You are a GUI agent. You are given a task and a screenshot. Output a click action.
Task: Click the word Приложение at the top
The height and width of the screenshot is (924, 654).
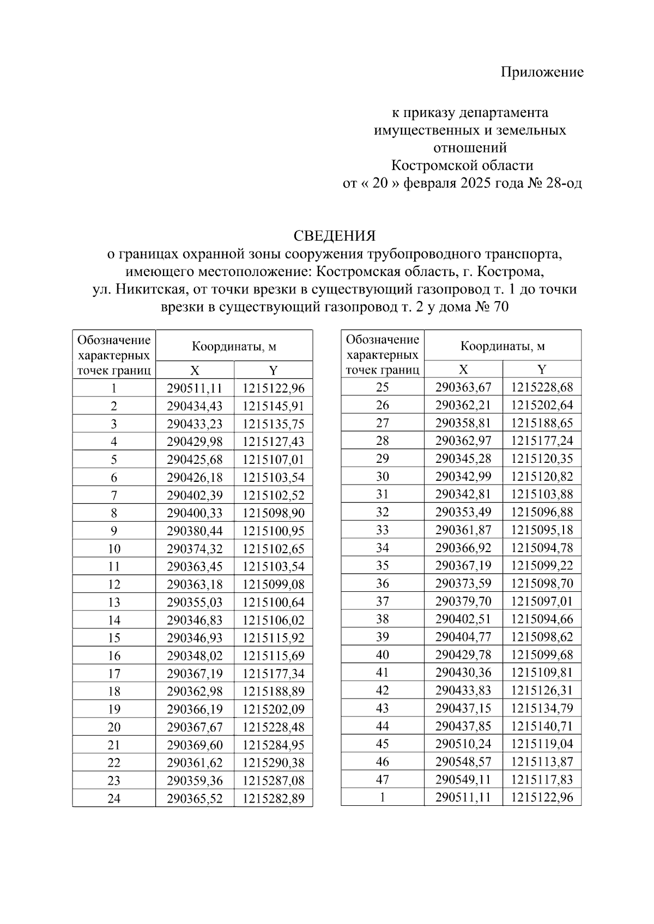pyautogui.click(x=542, y=72)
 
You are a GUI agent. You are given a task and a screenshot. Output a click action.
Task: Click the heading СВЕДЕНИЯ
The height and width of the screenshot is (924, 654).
pyautogui.click(x=334, y=236)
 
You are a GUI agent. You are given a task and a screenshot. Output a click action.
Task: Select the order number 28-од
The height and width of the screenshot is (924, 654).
pyautogui.click(x=562, y=183)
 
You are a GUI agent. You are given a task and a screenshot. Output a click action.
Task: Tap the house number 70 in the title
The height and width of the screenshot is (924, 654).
pyautogui.click(x=500, y=307)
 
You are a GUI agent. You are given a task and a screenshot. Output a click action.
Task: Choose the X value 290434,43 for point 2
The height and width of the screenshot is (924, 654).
pyautogui.click(x=195, y=406)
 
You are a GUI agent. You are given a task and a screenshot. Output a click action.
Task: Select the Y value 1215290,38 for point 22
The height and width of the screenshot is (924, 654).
pyautogui.click(x=274, y=763)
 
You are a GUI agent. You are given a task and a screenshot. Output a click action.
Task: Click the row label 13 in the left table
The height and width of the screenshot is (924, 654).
pyautogui.click(x=114, y=602)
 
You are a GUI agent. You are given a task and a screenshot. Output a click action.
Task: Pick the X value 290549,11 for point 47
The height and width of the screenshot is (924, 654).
pyautogui.click(x=463, y=780)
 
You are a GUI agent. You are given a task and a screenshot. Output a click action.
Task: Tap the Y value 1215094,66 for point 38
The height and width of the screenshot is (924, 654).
pyautogui.click(x=542, y=619)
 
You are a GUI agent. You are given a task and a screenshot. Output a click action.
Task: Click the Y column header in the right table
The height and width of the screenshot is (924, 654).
pyautogui.click(x=542, y=370)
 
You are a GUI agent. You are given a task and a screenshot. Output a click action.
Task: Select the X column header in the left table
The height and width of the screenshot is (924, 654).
pyautogui.click(x=195, y=371)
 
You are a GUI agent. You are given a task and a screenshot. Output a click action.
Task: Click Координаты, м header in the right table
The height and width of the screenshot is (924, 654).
pyautogui.click(x=502, y=346)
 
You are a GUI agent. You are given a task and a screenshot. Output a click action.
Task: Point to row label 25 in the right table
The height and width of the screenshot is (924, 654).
pyautogui.click(x=383, y=388)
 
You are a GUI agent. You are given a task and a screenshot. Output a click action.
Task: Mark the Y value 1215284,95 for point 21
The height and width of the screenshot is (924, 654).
pyautogui.click(x=274, y=745)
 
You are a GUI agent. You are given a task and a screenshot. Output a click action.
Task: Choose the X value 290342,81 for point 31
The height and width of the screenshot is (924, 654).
pyautogui.click(x=463, y=494)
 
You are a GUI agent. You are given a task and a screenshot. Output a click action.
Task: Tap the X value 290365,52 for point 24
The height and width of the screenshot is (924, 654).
pyautogui.click(x=195, y=799)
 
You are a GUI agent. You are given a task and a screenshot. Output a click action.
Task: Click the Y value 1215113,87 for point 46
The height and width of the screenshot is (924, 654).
pyautogui.click(x=542, y=762)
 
